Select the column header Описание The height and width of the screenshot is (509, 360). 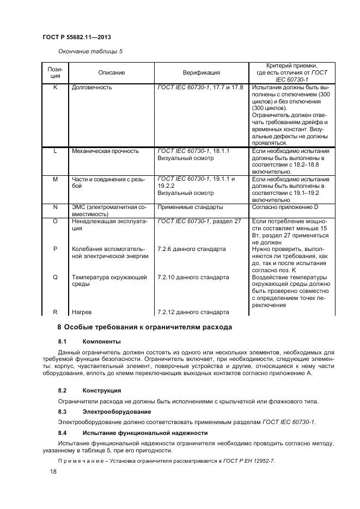click(111, 72)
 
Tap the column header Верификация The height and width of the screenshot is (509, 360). click(201, 72)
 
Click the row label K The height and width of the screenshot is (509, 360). click(55, 87)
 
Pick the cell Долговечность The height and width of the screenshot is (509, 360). click(92, 87)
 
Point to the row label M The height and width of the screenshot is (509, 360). click(55, 179)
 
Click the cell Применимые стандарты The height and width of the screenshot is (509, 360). click(190, 207)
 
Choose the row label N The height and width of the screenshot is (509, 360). click(55, 207)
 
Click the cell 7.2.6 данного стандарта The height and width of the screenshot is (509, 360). click(191, 249)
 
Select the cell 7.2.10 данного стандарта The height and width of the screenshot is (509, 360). click(193, 277)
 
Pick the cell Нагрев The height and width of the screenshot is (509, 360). click(81, 312)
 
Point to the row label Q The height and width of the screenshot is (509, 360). click(55, 277)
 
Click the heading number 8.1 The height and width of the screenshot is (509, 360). click(62, 341)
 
